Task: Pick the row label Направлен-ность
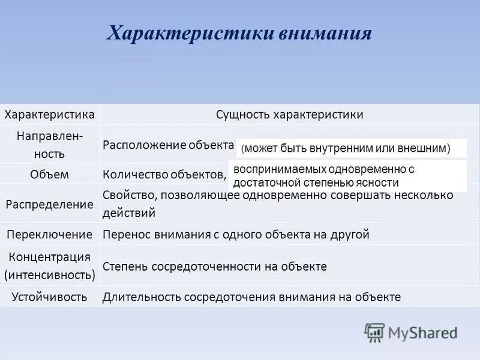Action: pyautogui.click(x=50, y=144)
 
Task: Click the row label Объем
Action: pyautogui.click(x=50, y=175)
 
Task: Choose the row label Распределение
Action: pyautogui.click(x=50, y=204)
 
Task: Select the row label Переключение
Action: pyautogui.click(x=50, y=234)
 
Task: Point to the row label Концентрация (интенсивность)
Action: pyautogui.click(x=50, y=266)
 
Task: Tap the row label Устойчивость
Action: pyautogui.click(x=50, y=296)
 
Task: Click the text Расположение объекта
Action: pyautogui.click(x=168, y=145)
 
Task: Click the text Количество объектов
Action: pyautogui.click(x=164, y=175)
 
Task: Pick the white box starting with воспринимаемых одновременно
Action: pyautogui.click(x=347, y=176)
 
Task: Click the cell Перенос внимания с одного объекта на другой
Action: pyautogui.click(x=236, y=235)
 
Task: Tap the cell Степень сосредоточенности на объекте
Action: pyautogui.click(x=215, y=266)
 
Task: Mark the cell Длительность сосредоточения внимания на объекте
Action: pyautogui.click(x=251, y=296)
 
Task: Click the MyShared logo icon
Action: pyautogui.click(x=374, y=332)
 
